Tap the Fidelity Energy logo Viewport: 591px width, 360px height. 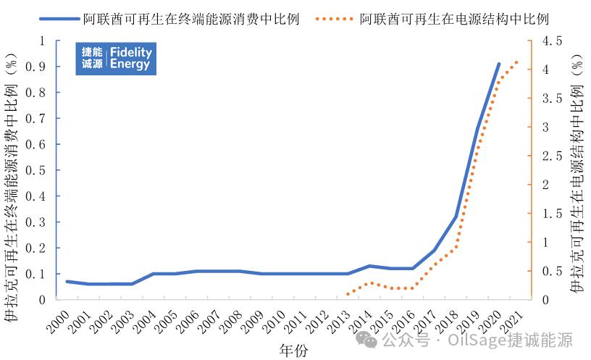click(x=116, y=59)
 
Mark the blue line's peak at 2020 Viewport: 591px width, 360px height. click(x=499, y=64)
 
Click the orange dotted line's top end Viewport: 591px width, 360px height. click(x=517, y=62)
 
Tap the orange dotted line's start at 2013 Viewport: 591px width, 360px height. click(x=348, y=294)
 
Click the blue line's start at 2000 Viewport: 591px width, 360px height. click(x=67, y=281)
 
